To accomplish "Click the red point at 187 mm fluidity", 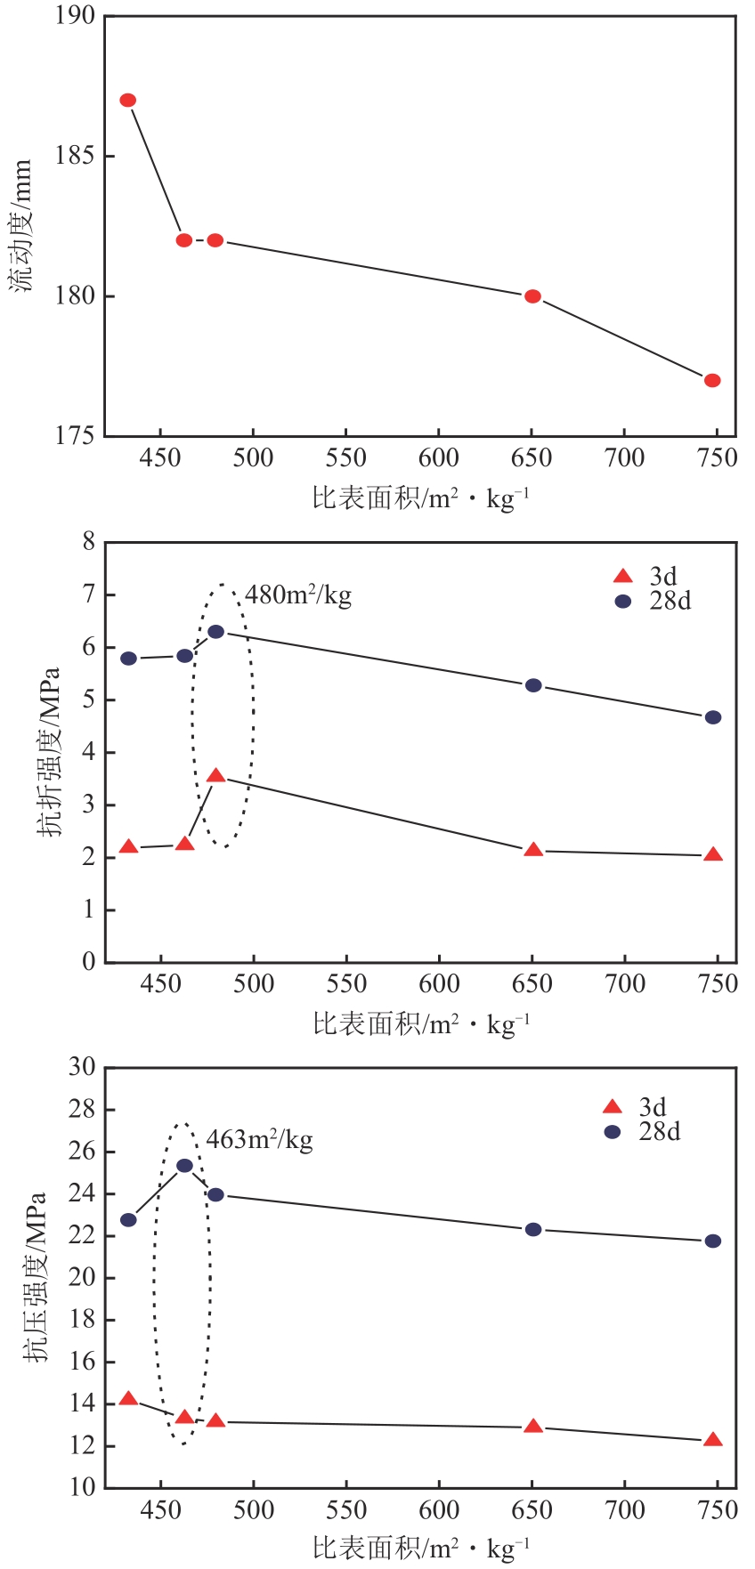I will point(128,100).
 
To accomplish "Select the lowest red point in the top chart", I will point(712,380).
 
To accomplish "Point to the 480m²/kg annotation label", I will point(298,594).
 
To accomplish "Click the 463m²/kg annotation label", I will point(259,1139).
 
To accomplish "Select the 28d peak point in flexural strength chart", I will point(215,631).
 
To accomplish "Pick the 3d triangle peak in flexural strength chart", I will point(215,776).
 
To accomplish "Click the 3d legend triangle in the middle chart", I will point(623,576).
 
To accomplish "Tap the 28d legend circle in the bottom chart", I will point(613,1131).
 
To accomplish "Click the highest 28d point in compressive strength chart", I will point(184,1166).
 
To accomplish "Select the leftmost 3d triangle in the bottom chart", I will point(128,1399).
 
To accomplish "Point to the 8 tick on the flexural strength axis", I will point(88,541).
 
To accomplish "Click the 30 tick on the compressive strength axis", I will point(81,1066).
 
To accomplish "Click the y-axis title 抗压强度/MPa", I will point(36,1277).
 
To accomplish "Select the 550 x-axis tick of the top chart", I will point(345,458).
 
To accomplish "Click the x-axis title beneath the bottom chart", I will point(421,1549).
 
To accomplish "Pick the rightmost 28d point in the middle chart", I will point(713,717).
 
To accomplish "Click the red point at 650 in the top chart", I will point(532,296).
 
